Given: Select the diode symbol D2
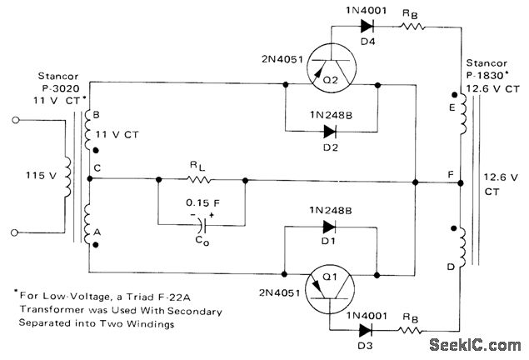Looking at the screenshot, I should pos(330,132).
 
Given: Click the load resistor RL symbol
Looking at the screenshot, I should pos(201,178).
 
